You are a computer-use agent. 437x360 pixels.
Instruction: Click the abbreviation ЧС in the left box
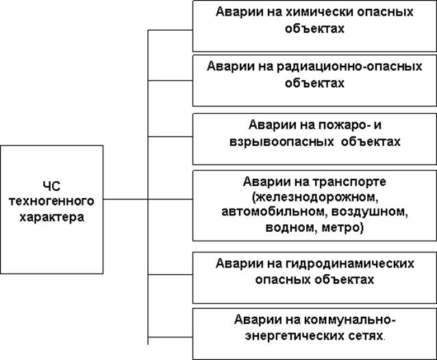click(52, 186)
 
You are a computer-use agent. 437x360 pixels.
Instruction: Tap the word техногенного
click(51, 201)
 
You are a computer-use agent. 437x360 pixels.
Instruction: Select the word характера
click(52, 217)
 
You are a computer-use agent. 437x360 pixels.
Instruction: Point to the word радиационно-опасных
click(349, 67)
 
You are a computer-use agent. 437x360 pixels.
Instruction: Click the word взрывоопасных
click(282, 142)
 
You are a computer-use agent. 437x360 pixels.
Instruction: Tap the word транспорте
click(349, 182)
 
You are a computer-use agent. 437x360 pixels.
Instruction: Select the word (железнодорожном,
click(315, 197)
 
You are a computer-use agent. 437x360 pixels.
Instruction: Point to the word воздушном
click(370, 211)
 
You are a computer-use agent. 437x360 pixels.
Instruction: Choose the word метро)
click(342, 228)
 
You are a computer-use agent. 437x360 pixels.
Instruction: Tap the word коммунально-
click(349, 320)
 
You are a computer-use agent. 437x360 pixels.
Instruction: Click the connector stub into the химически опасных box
click(171, 30)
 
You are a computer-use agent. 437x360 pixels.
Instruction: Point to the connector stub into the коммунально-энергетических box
click(171, 337)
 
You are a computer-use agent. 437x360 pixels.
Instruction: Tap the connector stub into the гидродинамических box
click(171, 274)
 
